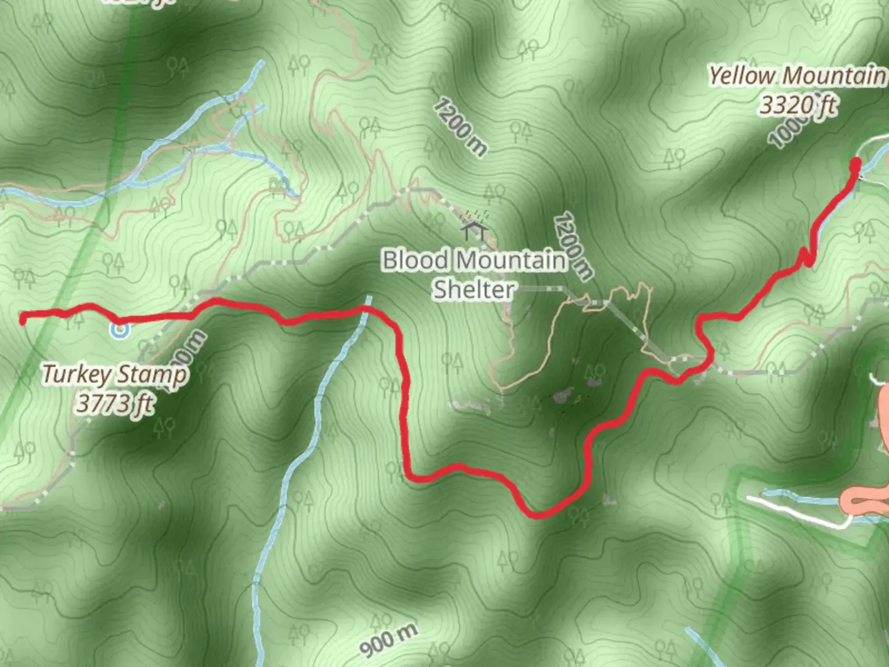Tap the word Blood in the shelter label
pyautogui.click(x=415, y=260)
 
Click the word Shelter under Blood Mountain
pyautogui.click(x=474, y=289)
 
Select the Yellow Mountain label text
pyautogui.click(x=797, y=76)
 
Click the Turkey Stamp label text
pyautogui.click(x=114, y=375)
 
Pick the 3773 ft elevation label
pyautogui.click(x=114, y=404)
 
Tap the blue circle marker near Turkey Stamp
pyautogui.click(x=120, y=330)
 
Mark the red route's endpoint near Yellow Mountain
pyautogui.click(x=856, y=164)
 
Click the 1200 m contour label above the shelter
pyautogui.click(x=459, y=127)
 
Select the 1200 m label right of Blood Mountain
pyautogui.click(x=574, y=245)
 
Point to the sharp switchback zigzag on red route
pyautogui.click(x=806, y=257)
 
